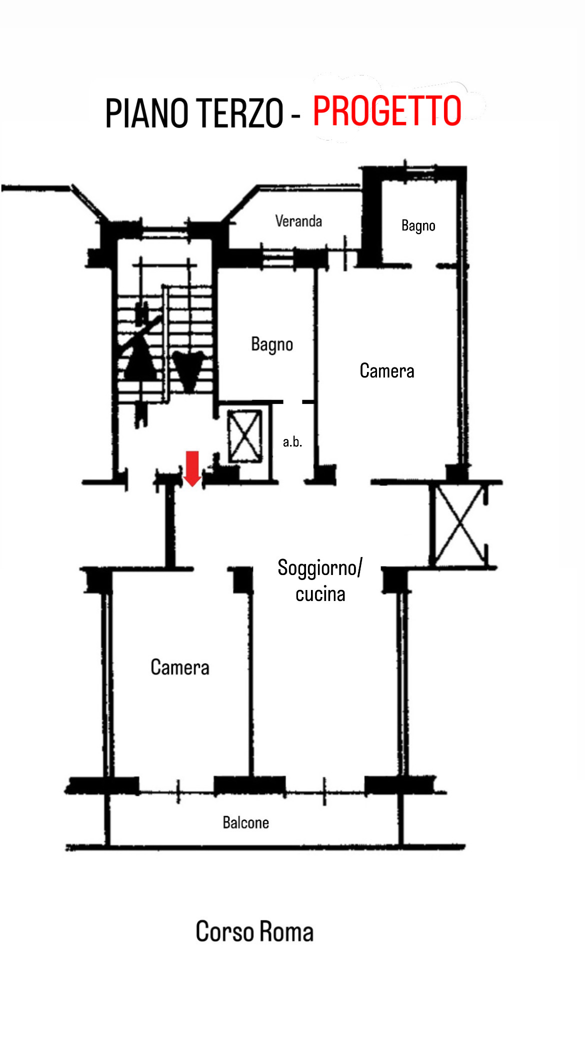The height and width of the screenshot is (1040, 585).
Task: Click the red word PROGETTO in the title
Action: coord(387,111)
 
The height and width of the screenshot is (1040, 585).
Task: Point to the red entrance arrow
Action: coord(192,468)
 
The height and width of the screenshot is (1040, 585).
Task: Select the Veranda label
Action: coord(298,221)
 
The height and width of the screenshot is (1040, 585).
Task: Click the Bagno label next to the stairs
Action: coord(272,345)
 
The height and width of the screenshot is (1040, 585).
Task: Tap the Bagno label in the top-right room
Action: coord(418,226)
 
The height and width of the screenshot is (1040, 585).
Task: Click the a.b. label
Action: coord(292,441)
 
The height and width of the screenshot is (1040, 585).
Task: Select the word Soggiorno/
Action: coord(320,568)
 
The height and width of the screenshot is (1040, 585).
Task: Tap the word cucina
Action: coord(320,594)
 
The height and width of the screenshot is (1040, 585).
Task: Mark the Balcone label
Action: coord(246,822)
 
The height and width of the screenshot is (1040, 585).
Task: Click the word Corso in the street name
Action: coord(224,931)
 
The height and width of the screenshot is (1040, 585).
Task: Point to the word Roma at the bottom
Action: coord(286,932)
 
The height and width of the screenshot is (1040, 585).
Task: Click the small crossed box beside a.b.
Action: coord(245,435)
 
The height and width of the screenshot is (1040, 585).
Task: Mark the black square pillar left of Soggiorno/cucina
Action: coord(243,580)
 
